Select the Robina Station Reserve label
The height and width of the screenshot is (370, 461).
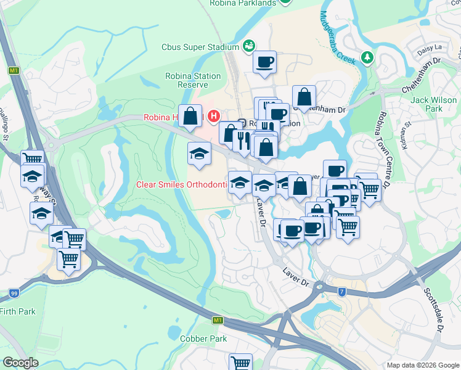[x=193, y=80]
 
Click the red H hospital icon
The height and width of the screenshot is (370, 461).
[x=214, y=115]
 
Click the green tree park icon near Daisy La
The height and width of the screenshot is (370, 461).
[x=368, y=57]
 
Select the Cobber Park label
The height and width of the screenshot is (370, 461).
[x=203, y=339]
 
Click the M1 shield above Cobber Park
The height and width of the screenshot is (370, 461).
[x=218, y=321]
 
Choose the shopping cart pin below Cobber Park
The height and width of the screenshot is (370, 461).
[x=240, y=361]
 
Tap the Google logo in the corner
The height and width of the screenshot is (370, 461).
[x=20, y=363]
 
